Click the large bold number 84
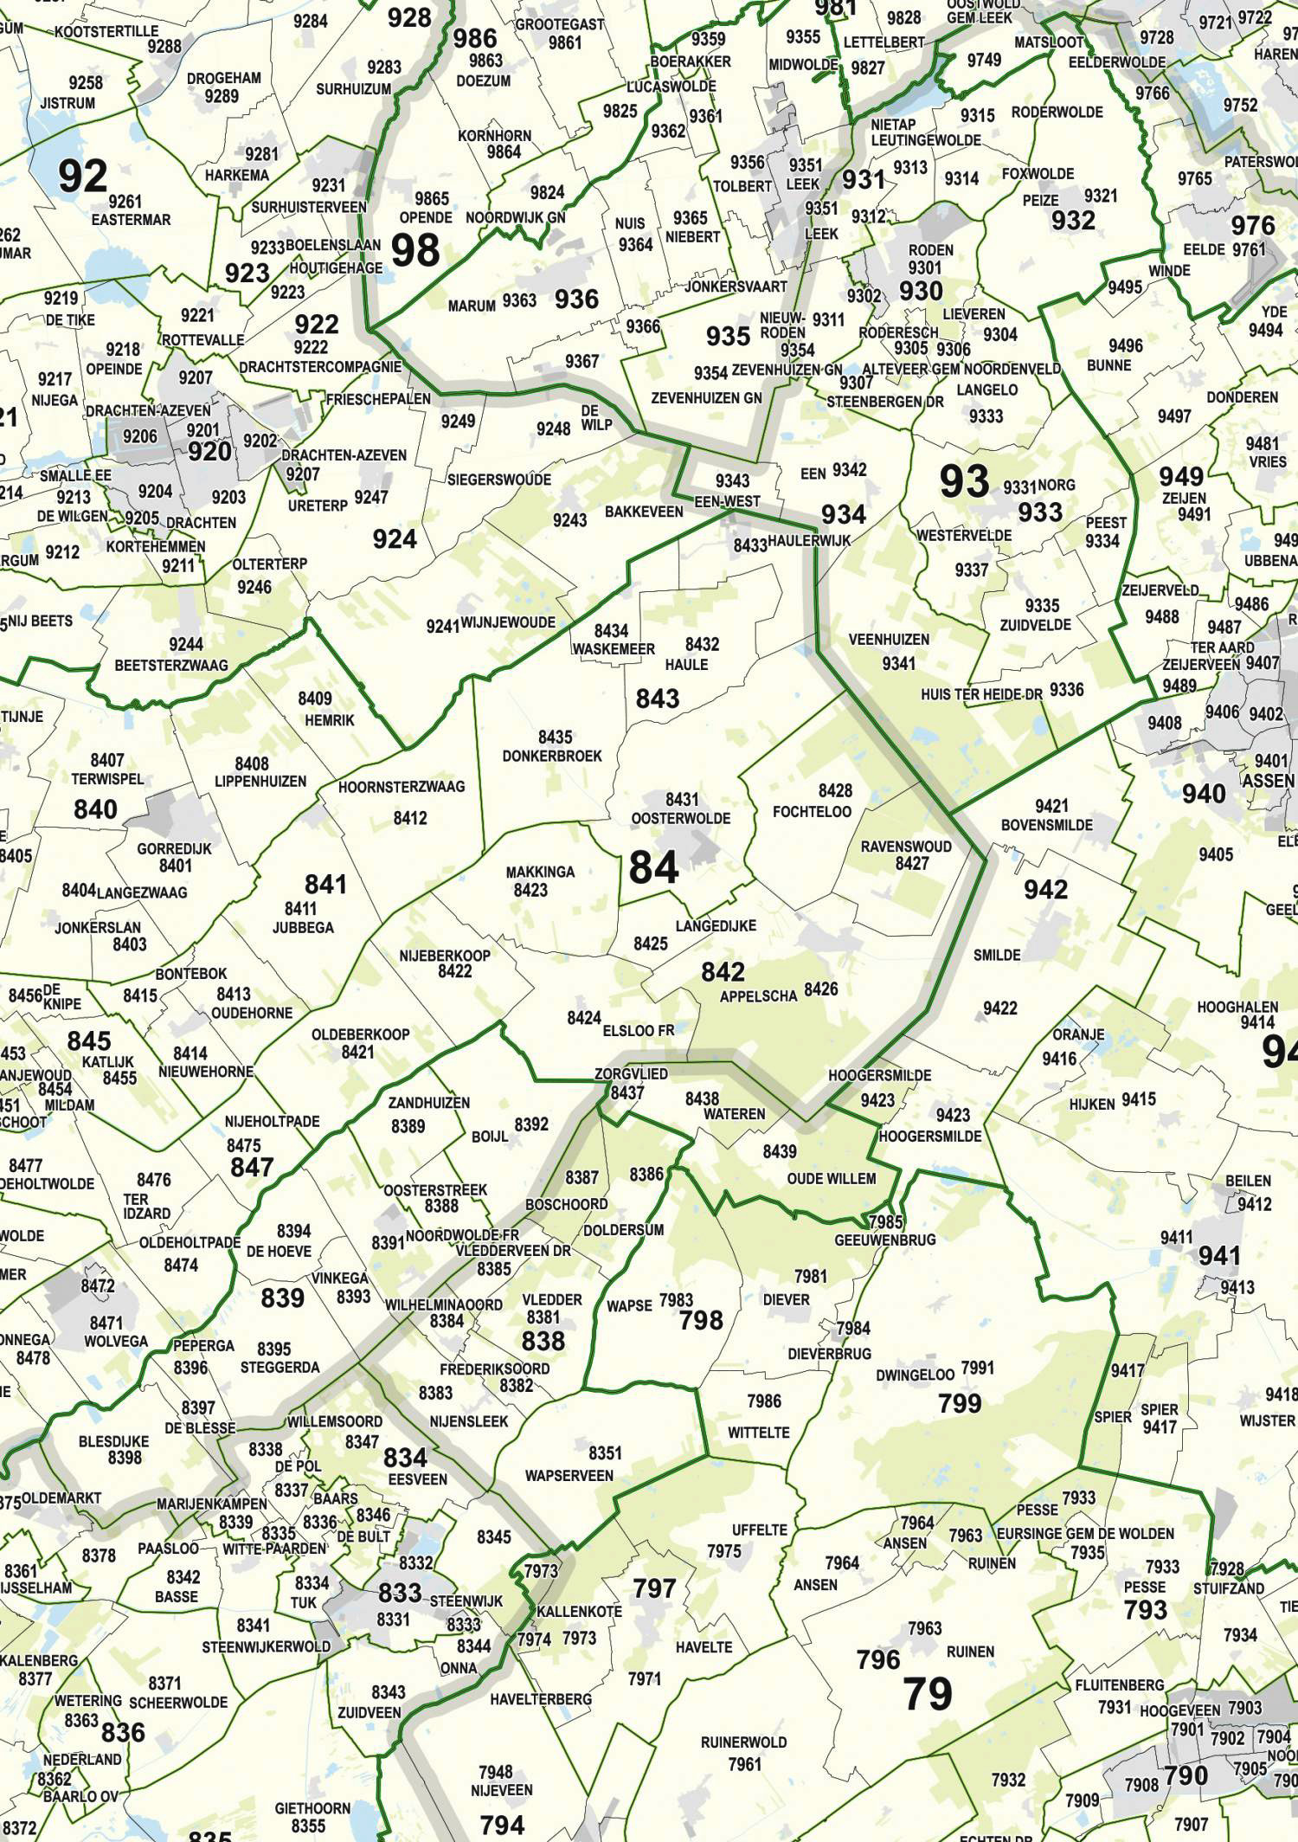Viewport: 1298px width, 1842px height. tap(653, 866)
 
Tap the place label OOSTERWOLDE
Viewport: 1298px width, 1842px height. tap(680, 818)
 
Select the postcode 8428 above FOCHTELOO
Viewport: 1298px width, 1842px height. tap(835, 790)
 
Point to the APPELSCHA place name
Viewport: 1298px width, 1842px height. tap(758, 996)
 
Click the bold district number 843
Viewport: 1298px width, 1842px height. tap(658, 698)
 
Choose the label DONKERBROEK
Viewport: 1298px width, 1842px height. tap(552, 756)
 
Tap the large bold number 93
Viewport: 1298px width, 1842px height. tap(964, 481)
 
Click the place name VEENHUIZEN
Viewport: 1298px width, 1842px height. tap(889, 640)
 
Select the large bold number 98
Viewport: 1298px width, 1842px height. tap(415, 250)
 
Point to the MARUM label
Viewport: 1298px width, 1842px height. tap(472, 306)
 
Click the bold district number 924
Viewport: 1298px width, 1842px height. tap(395, 539)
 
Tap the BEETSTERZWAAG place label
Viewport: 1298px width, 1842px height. tap(171, 666)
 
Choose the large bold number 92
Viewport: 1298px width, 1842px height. tap(83, 176)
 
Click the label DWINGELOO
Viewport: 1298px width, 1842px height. tap(915, 1375)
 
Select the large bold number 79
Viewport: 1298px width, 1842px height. tap(928, 1693)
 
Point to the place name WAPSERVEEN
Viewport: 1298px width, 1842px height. tap(569, 1476)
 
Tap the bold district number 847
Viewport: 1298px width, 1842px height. tap(252, 1167)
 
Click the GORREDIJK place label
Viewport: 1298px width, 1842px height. tap(174, 849)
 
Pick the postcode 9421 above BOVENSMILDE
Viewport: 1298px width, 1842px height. tap(1051, 806)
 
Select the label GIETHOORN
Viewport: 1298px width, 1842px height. tap(312, 1808)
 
